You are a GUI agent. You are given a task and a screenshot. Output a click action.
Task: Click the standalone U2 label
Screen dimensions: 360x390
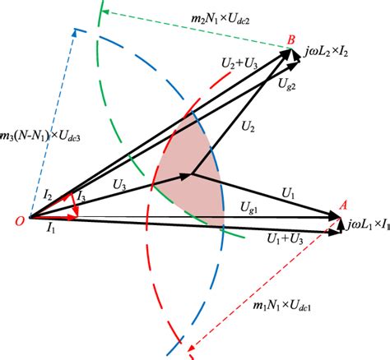tap(247, 127)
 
